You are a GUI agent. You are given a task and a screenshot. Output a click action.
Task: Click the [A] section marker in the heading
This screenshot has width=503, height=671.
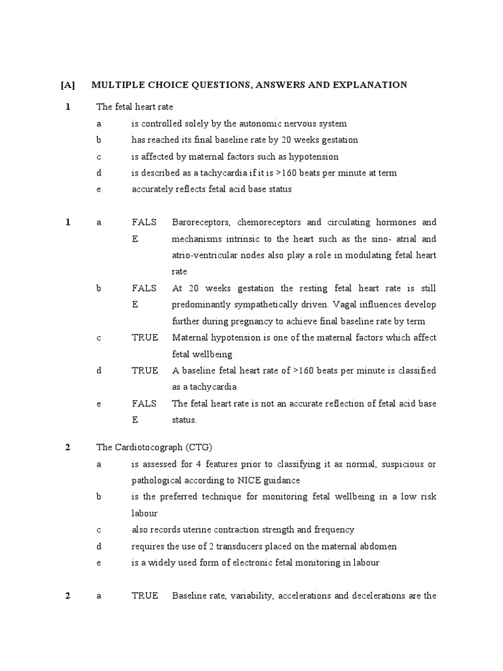pos(68,85)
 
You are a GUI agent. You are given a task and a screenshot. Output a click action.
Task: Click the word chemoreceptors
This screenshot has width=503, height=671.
pos(276,222)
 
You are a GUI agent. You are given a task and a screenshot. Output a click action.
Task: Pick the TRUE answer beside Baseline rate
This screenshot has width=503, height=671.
pos(145,596)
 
